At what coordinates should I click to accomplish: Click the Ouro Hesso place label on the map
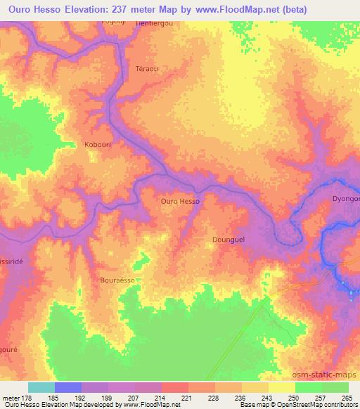click(x=180, y=201)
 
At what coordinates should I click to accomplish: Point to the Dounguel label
click(x=229, y=240)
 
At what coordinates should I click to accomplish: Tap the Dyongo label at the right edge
click(x=346, y=199)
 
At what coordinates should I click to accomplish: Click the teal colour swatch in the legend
click(x=41, y=387)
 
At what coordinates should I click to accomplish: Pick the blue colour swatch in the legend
click(x=68, y=387)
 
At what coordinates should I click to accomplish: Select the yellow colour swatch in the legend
click(x=282, y=387)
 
